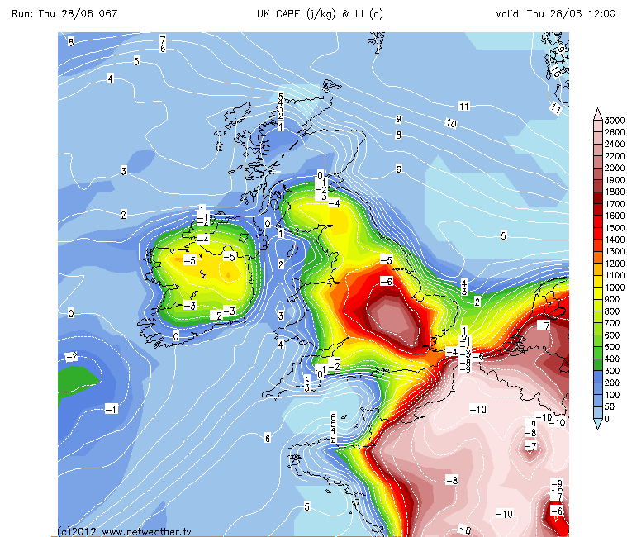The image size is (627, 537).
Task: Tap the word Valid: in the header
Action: point(514,13)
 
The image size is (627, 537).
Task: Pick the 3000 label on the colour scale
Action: point(614,121)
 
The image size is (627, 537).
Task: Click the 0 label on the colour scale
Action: point(607,419)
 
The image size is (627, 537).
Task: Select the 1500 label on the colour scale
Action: point(614,227)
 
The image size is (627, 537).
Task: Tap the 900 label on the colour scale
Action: point(612,299)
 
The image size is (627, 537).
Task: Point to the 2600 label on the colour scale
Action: point(614,132)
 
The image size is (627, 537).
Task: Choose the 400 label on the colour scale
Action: point(612,359)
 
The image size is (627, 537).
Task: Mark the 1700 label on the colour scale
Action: point(614,203)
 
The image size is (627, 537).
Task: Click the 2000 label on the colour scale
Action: point(614,168)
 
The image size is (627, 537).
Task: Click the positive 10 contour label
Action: point(450,123)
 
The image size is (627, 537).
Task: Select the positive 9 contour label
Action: point(398,119)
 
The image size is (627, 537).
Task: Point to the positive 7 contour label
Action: point(163,40)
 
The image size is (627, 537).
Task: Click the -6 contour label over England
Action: point(385,281)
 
